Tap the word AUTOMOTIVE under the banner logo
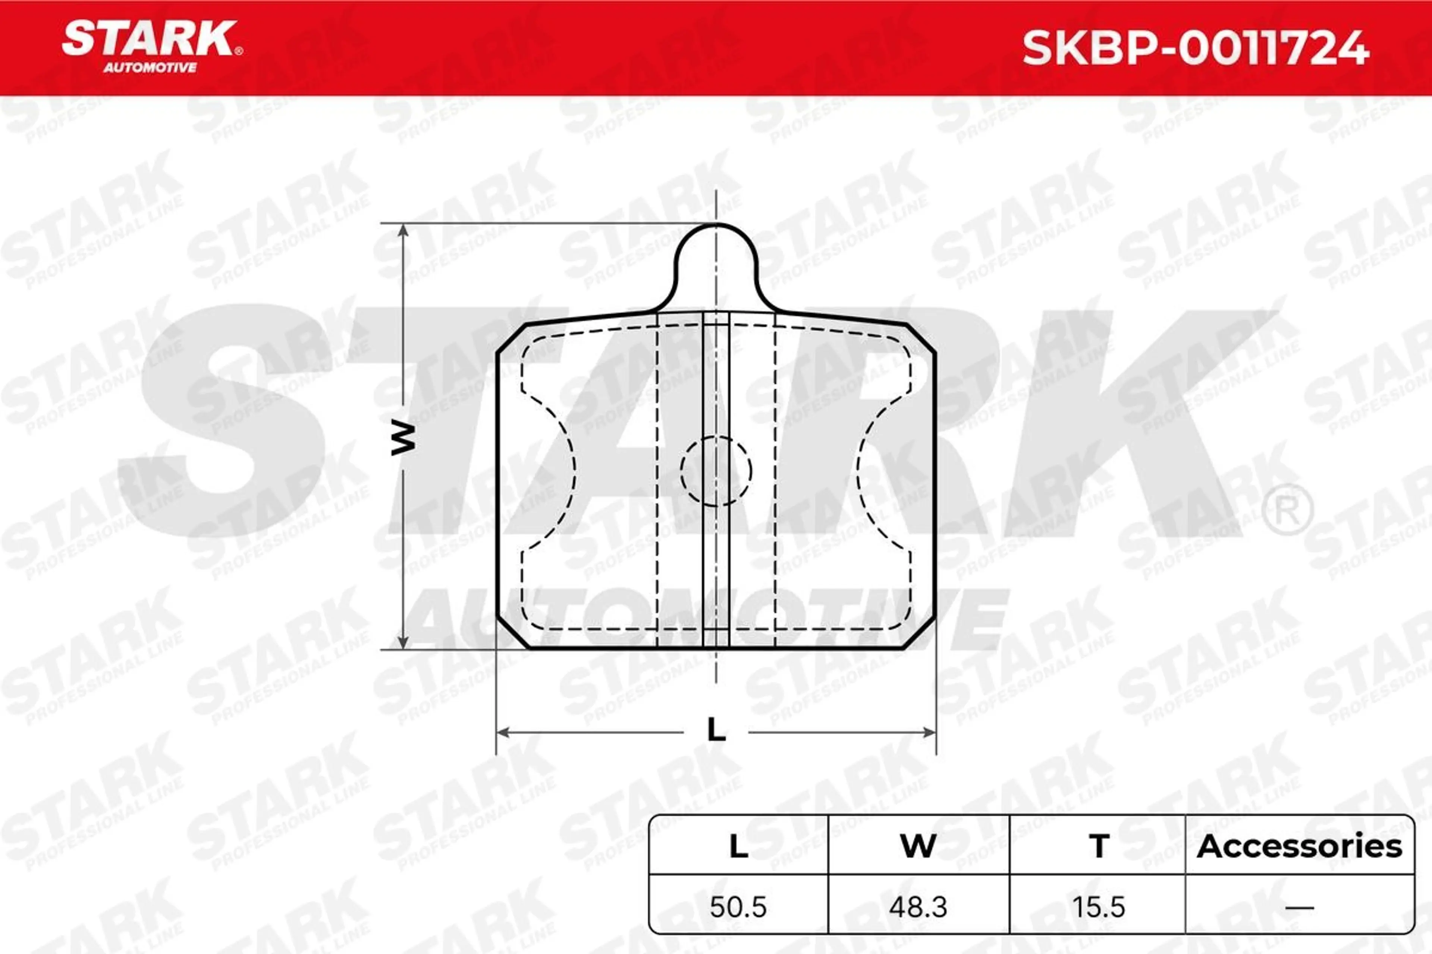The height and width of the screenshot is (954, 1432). point(150,67)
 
